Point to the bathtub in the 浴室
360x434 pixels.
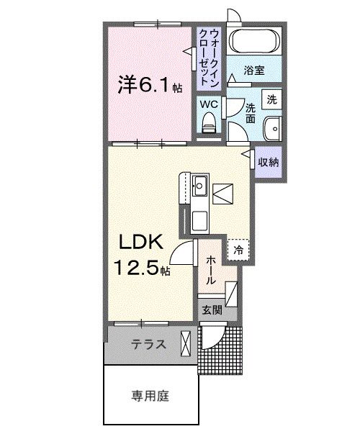point(253,40)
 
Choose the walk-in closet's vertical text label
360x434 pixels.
point(208,53)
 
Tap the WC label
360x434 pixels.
point(208,104)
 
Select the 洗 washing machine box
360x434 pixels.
point(271,99)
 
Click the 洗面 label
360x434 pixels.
point(250,112)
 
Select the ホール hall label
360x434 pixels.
point(210,270)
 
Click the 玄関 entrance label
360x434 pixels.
point(211,310)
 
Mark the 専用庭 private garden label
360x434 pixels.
point(150,394)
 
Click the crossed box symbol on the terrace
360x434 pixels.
point(186,343)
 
